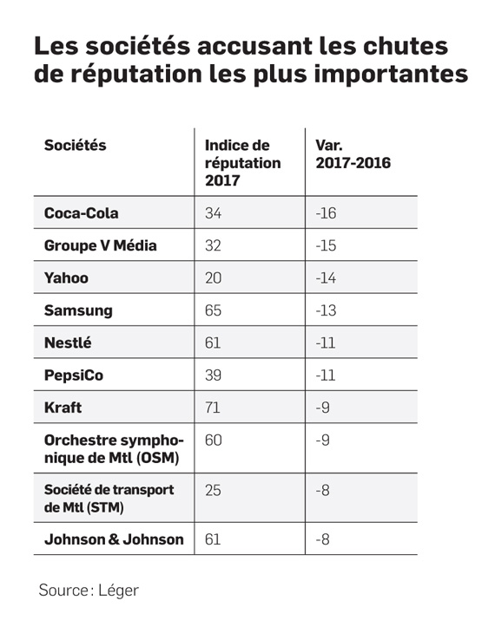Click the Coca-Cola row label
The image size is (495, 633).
(82, 212)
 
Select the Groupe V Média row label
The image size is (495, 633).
(100, 245)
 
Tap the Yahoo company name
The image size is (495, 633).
(66, 277)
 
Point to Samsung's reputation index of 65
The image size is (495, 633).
(213, 310)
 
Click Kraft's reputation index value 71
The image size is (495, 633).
(213, 408)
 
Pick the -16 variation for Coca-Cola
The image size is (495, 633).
(326, 212)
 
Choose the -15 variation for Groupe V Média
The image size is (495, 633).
(326, 245)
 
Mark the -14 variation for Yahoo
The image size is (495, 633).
(326, 277)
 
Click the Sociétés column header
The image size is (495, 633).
(76, 145)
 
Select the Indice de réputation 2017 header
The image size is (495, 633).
(242, 163)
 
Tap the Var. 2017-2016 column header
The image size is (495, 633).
(353, 153)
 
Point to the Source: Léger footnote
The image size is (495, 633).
(89, 591)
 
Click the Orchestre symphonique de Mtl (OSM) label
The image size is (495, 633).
(114, 449)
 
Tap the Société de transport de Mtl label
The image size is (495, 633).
(109, 499)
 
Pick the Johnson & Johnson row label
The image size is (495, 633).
(114, 539)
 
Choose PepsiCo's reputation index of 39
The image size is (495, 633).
(213, 375)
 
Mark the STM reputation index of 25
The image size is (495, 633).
(213, 490)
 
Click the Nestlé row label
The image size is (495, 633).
(68, 343)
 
